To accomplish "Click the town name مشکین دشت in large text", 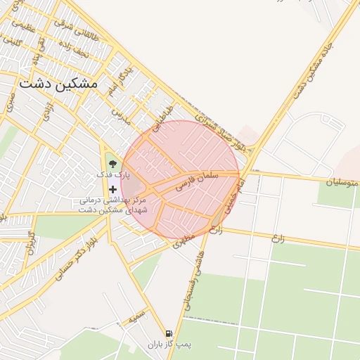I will (x=58, y=82).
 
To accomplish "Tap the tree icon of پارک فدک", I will (x=112, y=165).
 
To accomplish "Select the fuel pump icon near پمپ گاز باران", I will (x=169, y=334).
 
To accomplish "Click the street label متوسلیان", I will (x=342, y=183).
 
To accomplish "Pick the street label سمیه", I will (x=137, y=316).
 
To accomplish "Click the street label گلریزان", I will (x=30, y=243).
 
